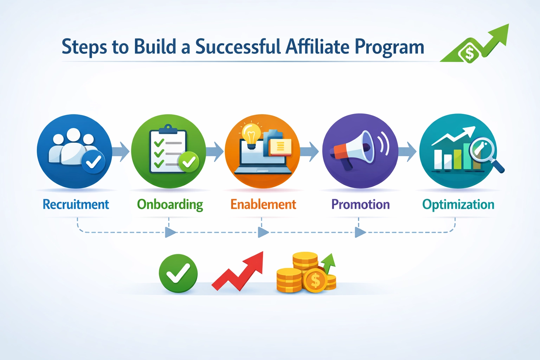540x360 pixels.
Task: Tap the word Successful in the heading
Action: pos(238,47)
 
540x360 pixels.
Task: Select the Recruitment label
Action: pos(76,204)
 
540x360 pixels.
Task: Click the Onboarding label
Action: pos(170,205)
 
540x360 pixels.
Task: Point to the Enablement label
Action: pos(263,204)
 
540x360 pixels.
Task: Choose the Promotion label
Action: pos(360,204)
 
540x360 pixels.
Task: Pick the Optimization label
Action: pos(458,204)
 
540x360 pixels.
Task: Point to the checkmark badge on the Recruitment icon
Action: pos(93,162)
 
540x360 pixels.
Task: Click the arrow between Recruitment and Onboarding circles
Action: pos(121,152)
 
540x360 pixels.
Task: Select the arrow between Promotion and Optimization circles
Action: pos(408,152)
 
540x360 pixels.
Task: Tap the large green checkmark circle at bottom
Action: pos(178,273)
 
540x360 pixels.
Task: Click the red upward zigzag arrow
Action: pos(239,272)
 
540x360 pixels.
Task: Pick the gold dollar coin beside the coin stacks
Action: pos(315,281)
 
